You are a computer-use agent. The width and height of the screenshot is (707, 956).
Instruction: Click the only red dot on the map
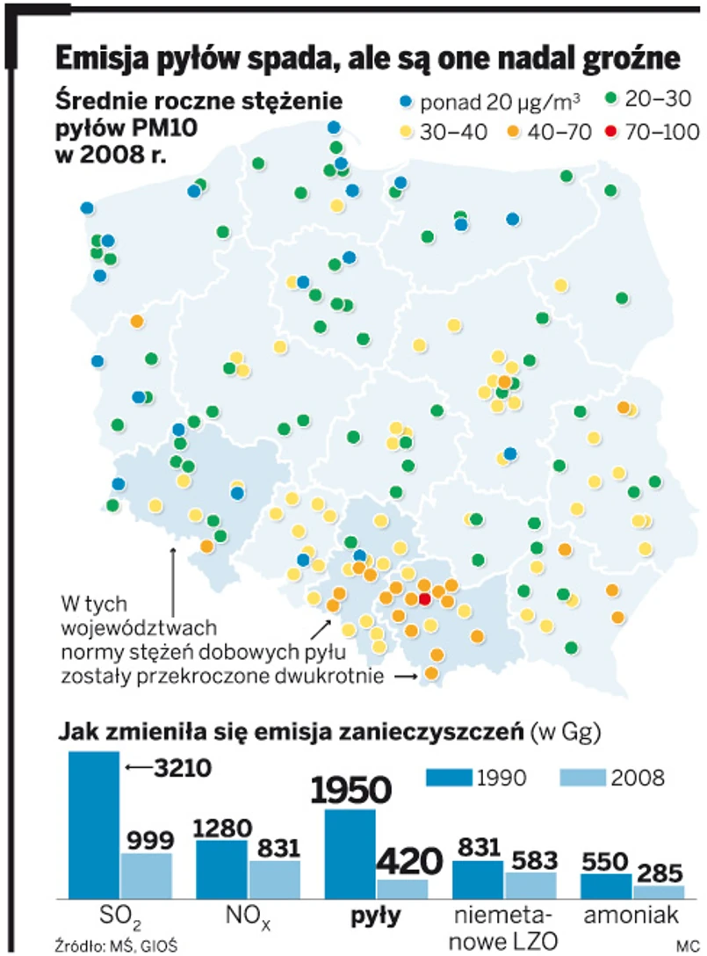(425, 599)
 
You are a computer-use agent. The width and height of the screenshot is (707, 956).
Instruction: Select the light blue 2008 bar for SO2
(147, 875)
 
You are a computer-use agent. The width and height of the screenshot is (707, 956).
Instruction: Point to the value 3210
(181, 769)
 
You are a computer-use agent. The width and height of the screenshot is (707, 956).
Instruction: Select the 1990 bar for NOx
(221, 868)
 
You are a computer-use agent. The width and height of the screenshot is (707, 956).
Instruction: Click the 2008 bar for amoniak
(659, 891)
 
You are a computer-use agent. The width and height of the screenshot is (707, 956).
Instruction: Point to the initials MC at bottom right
(686, 945)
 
